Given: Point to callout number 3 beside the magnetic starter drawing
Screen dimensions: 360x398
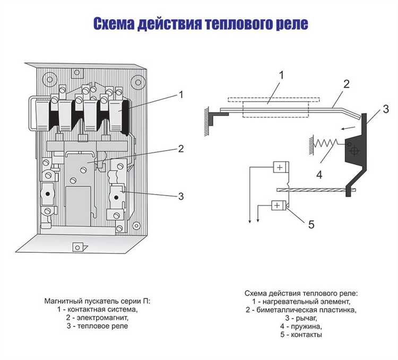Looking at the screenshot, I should [181, 196].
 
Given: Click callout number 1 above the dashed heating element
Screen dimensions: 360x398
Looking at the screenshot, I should [281, 75].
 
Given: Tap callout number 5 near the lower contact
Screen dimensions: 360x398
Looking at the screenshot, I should [311, 224].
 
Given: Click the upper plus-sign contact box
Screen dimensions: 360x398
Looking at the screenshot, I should [279, 167].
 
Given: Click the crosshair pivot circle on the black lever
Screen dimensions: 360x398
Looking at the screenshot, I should [354, 151].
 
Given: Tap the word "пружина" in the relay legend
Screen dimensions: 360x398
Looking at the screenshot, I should [306, 326].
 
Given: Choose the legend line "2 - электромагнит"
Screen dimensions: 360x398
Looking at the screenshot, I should [97, 318].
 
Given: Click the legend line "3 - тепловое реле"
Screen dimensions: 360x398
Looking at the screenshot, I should [97, 326].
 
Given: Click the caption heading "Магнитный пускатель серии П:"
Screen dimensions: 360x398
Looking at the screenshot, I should [97, 301].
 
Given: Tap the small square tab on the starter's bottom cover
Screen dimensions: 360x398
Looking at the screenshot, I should [77, 247].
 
